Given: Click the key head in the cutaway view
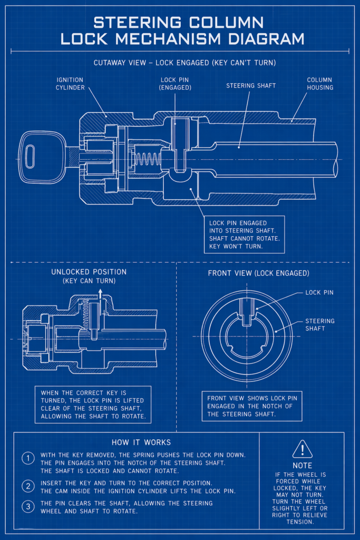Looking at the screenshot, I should pos(38,157).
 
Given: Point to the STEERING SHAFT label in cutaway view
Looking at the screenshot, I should pos(251,85).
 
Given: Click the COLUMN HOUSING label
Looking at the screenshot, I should pos(320,83).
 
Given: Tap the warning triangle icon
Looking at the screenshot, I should pos(302,449).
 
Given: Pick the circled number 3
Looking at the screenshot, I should pos(28,507).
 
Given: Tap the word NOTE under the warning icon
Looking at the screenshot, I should pos(302,466).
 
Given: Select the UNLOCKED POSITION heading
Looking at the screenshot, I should pos(89,272).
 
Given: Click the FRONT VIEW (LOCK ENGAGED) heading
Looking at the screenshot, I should pos(258,273).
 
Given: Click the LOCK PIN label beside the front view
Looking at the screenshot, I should pos(319,292).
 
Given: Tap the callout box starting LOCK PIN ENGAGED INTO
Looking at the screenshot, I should pos(244,234).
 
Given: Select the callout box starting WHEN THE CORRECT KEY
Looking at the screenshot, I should pos(93,404).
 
